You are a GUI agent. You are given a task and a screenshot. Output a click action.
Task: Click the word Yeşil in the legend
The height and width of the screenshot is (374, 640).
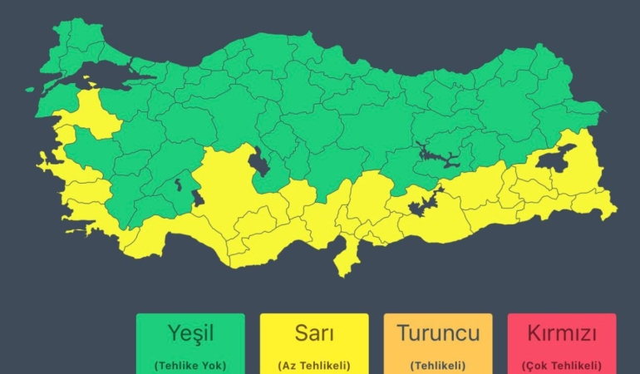point(190,334)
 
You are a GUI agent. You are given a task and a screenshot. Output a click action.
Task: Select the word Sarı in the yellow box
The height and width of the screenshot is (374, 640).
point(314,334)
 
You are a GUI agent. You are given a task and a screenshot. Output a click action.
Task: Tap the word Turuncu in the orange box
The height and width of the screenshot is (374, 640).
point(438,334)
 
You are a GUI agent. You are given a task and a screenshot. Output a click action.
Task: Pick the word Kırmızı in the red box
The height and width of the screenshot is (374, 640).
point(561,334)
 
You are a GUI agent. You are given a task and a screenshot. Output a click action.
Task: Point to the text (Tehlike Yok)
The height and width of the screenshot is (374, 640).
point(190,365)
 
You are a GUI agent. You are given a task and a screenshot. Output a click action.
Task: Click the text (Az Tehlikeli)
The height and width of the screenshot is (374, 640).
point(314,365)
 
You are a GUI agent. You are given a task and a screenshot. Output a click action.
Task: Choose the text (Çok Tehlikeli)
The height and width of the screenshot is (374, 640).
point(561,365)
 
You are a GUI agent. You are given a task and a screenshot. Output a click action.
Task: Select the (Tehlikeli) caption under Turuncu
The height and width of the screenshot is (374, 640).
point(438,365)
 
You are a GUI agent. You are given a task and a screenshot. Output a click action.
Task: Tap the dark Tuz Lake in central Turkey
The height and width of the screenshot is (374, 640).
point(258,161)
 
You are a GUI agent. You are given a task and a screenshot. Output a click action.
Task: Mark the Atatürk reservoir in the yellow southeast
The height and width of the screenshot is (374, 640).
point(425,202)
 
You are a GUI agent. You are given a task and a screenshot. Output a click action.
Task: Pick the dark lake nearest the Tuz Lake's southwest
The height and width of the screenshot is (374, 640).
point(198,197)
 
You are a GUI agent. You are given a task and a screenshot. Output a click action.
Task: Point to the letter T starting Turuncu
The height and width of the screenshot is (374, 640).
point(402,334)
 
